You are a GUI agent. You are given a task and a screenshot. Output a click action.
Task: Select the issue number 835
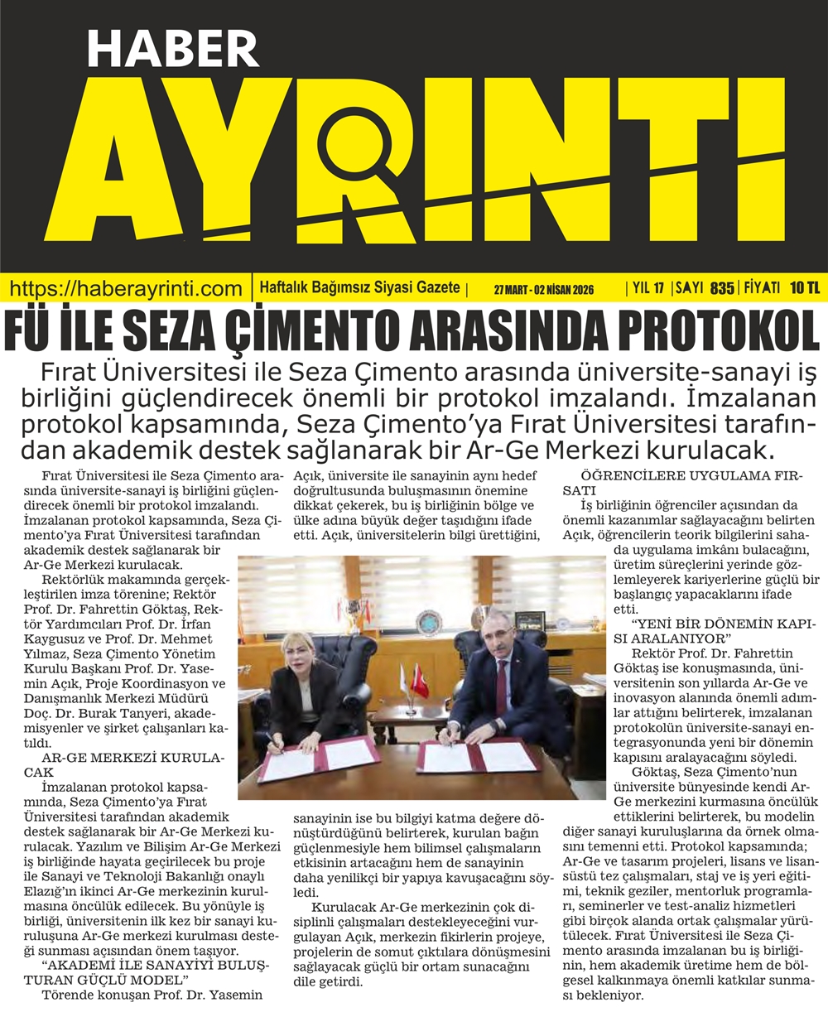[722, 288]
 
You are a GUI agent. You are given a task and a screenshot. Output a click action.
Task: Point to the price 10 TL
[804, 288]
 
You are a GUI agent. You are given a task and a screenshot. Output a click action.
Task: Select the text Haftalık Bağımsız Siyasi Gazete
[359, 288]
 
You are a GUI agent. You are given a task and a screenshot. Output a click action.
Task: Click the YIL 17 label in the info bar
[647, 288]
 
